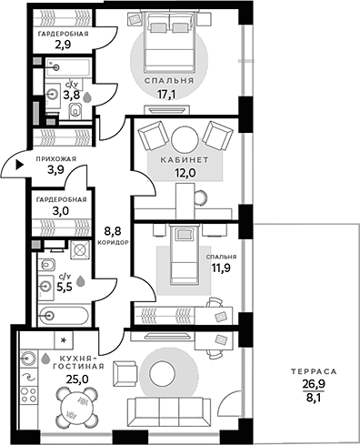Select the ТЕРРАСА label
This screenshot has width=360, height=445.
pyautogui.click(x=308, y=372)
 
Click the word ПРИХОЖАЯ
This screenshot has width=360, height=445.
pyautogui.click(x=55, y=157)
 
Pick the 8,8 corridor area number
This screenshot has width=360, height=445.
pyautogui.click(x=114, y=231)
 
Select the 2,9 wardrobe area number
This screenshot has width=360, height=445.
pyautogui.click(x=62, y=44)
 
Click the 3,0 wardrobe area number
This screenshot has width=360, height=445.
pyautogui.click(x=62, y=210)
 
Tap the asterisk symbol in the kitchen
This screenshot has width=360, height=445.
pyautogui.click(x=63, y=340)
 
